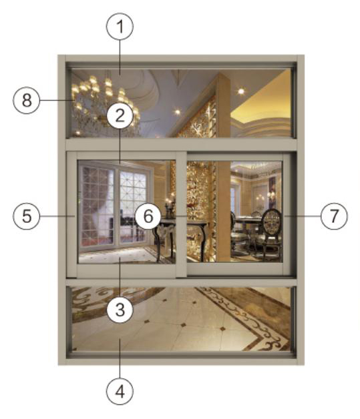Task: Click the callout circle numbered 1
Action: pyautogui.click(x=120, y=27)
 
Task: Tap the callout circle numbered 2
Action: pyautogui.click(x=120, y=115)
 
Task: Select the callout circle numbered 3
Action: pyautogui.click(x=120, y=310)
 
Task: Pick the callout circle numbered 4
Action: pyautogui.click(x=120, y=392)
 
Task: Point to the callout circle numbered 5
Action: pyautogui.click(x=27, y=216)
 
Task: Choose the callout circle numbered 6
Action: pyautogui.click(x=148, y=216)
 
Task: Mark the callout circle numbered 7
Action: pyautogui.click(x=334, y=216)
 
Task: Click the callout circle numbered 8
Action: pyautogui.click(x=27, y=100)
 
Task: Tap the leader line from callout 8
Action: pyautogui.click(x=57, y=100)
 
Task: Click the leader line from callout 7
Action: pyautogui.click(x=302, y=216)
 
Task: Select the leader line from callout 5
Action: pyautogui.click(x=57, y=216)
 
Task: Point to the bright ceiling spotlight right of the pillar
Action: pyautogui.click(x=241, y=91)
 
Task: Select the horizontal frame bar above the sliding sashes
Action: pyautogui.click(x=181, y=145)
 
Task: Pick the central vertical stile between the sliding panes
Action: pyautogui.click(x=181, y=214)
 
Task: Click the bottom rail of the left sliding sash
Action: pyautogui.click(x=126, y=270)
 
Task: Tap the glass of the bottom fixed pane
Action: pyautogui.click(x=181, y=319)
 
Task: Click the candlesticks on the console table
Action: pyautogui.click(x=170, y=209)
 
